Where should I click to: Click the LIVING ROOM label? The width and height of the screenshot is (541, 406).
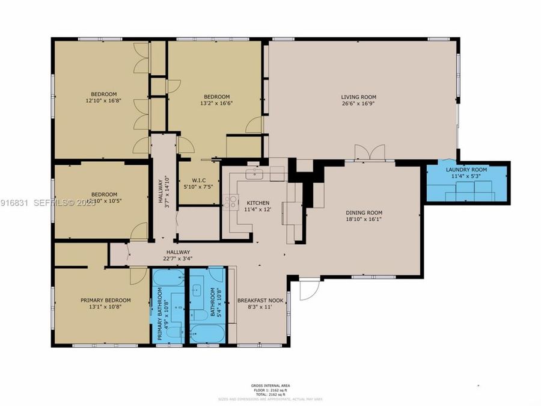(358, 97)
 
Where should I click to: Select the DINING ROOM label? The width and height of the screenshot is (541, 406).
(363, 212)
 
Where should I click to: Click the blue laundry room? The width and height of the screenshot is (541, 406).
(466, 183)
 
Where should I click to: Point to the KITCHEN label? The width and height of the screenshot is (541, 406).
(258, 203)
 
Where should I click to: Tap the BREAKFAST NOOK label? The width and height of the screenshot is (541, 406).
(260, 300)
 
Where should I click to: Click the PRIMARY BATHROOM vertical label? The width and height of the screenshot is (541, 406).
(160, 313)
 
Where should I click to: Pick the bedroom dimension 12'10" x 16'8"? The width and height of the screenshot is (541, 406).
(104, 100)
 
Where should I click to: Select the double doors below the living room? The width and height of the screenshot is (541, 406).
(369, 152)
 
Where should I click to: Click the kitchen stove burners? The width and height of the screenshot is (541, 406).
(230, 202)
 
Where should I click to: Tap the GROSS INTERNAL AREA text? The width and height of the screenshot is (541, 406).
(270, 385)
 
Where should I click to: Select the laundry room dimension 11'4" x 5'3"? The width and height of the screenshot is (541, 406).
(466, 176)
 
